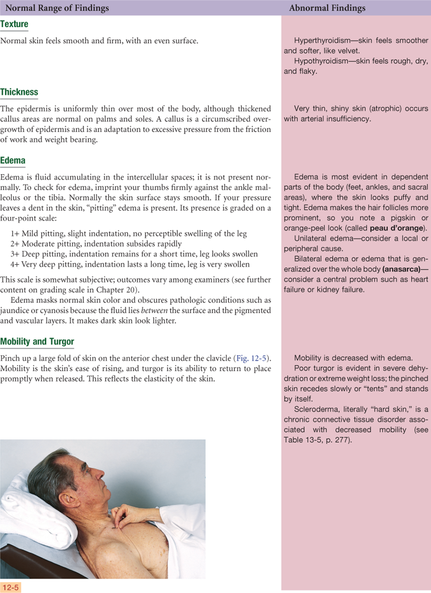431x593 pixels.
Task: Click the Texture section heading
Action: [15, 24]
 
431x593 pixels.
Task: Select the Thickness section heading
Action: [19, 92]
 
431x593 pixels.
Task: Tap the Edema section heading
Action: [13, 161]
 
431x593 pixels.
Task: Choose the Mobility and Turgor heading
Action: [38, 341]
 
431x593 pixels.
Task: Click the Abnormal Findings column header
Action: [327, 8]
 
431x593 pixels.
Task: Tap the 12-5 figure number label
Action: [11, 587]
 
